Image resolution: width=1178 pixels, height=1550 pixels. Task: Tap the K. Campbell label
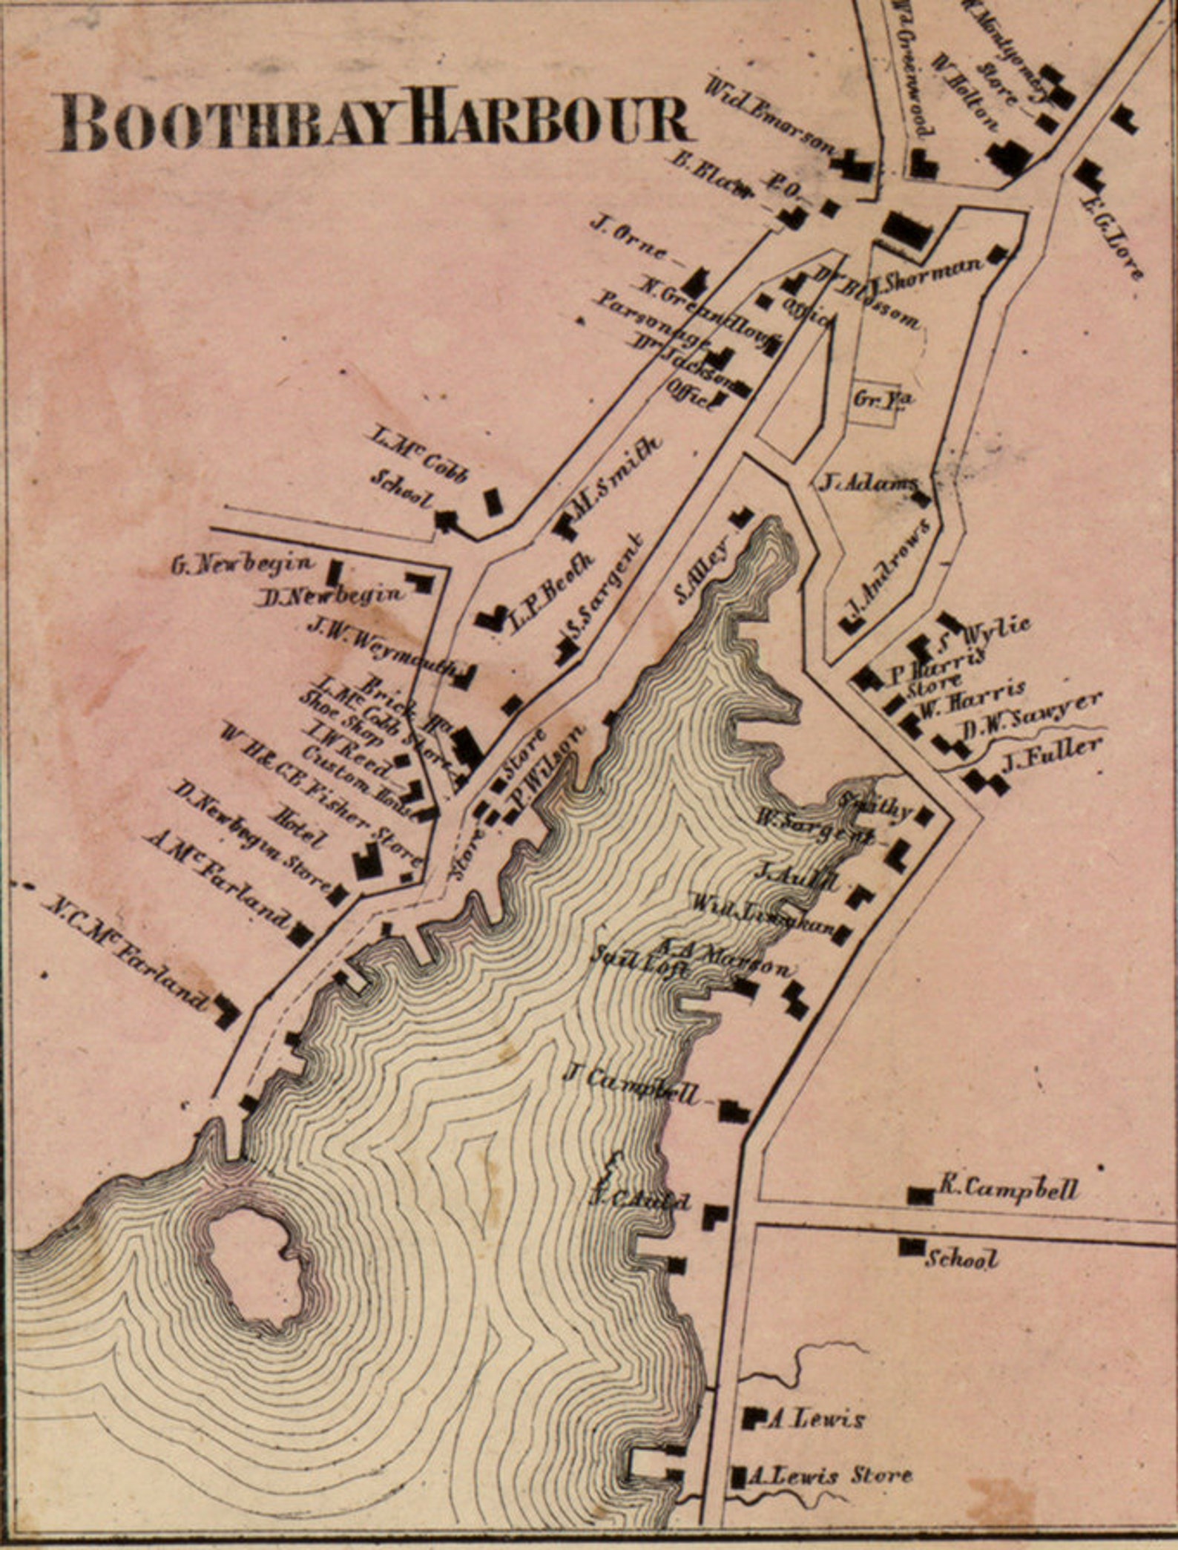click(x=1008, y=1189)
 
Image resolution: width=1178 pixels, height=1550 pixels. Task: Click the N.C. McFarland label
click(x=126, y=953)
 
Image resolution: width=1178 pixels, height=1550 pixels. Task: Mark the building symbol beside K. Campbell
click(x=921, y=1195)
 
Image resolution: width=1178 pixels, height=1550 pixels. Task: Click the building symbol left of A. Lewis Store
click(x=738, y=1476)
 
